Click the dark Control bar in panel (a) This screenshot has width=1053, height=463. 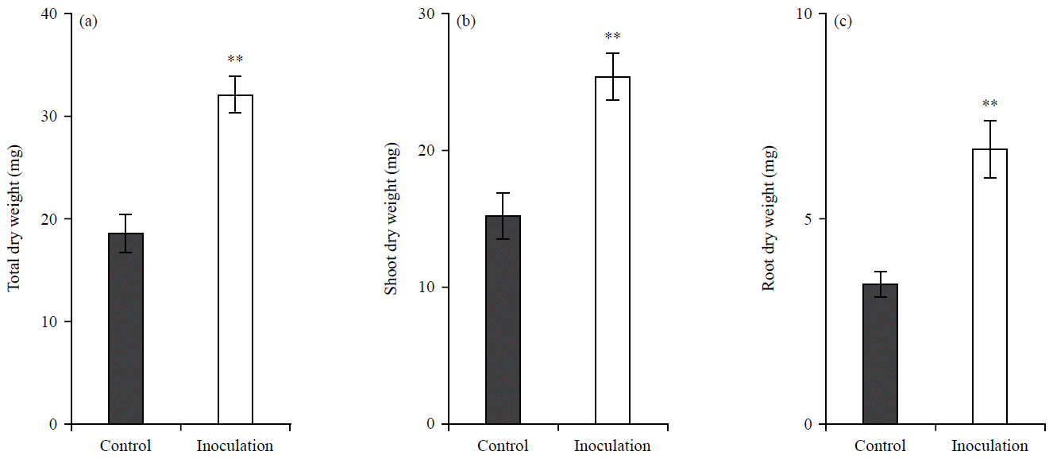click(125, 328)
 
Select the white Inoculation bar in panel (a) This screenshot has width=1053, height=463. click(235, 259)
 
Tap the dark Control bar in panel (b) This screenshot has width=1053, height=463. click(503, 319)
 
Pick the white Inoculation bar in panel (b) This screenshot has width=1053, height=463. click(612, 250)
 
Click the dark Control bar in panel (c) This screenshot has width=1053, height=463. click(880, 353)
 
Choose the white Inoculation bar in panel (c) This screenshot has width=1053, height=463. click(989, 286)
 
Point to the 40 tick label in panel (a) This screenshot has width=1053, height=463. click(51, 14)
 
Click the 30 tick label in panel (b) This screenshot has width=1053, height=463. click(428, 14)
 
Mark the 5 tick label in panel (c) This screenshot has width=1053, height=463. click(809, 219)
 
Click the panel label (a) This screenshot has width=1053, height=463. click(88, 21)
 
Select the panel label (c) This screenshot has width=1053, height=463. click(843, 21)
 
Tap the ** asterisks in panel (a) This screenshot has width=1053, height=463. click(235, 60)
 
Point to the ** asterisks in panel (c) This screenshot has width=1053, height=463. click(989, 104)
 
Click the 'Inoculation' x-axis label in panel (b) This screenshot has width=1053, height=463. click(612, 446)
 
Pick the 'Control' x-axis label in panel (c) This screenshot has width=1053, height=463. click(880, 446)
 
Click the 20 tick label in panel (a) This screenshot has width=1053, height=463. click(51, 219)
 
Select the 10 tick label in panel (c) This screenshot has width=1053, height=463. click(806, 14)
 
